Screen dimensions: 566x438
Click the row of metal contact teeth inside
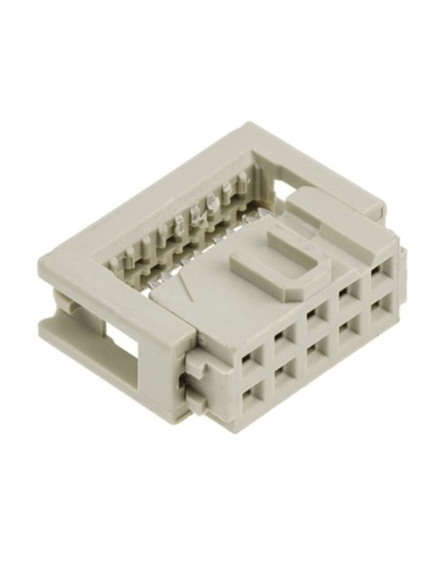[x=184, y=233]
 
